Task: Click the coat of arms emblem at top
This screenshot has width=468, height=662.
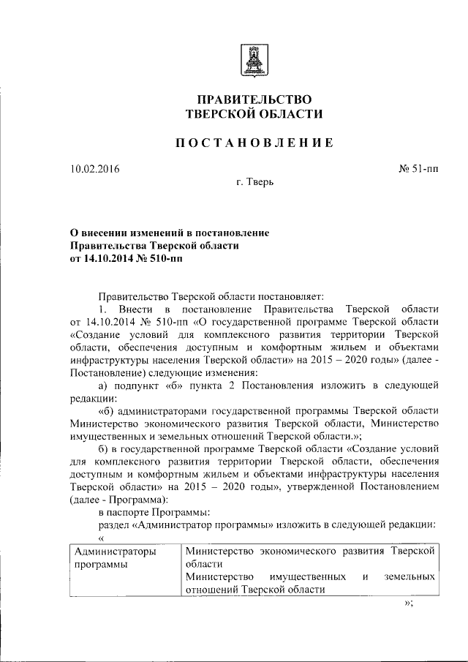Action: [x=253, y=57]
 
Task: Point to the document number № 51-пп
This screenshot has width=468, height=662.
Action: [x=419, y=170]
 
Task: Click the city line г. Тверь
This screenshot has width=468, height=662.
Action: [x=254, y=181]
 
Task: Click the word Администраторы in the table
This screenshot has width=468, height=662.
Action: [x=116, y=551]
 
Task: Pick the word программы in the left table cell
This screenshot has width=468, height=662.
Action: [x=100, y=564]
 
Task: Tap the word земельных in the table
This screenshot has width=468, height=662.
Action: [x=410, y=577]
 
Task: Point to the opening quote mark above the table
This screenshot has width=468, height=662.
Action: [x=101, y=538]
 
